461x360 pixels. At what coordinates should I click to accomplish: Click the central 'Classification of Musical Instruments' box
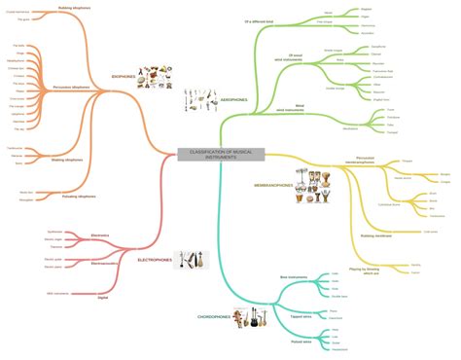(x=207, y=156)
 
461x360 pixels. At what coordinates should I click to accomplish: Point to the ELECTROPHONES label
(x=155, y=260)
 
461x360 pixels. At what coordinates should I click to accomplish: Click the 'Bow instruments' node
(x=294, y=278)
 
